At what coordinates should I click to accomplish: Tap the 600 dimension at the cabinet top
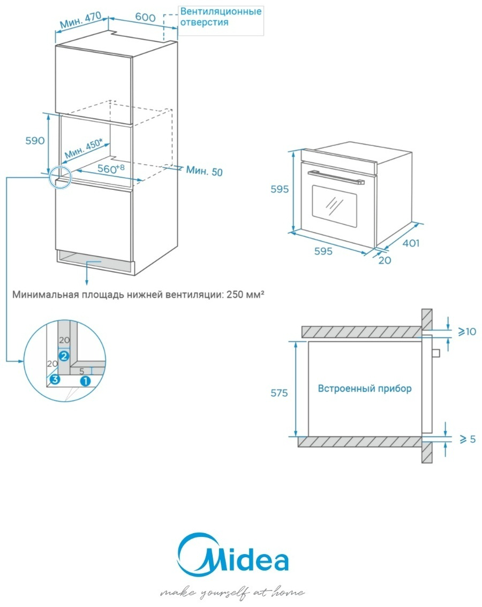pos(145,17)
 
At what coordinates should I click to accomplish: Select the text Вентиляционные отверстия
pos(221,17)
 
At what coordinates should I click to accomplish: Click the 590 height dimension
pos(34,141)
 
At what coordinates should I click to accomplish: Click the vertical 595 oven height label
pos(280,189)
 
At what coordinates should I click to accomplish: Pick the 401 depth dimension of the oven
pos(410,243)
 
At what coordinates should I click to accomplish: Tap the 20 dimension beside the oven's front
pos(385,260)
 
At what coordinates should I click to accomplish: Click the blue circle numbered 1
pos(85,380)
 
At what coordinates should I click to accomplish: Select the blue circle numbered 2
pos(64,355)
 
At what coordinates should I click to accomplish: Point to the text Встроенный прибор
pos(365,388)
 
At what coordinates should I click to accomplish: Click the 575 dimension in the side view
pos(279,393)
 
